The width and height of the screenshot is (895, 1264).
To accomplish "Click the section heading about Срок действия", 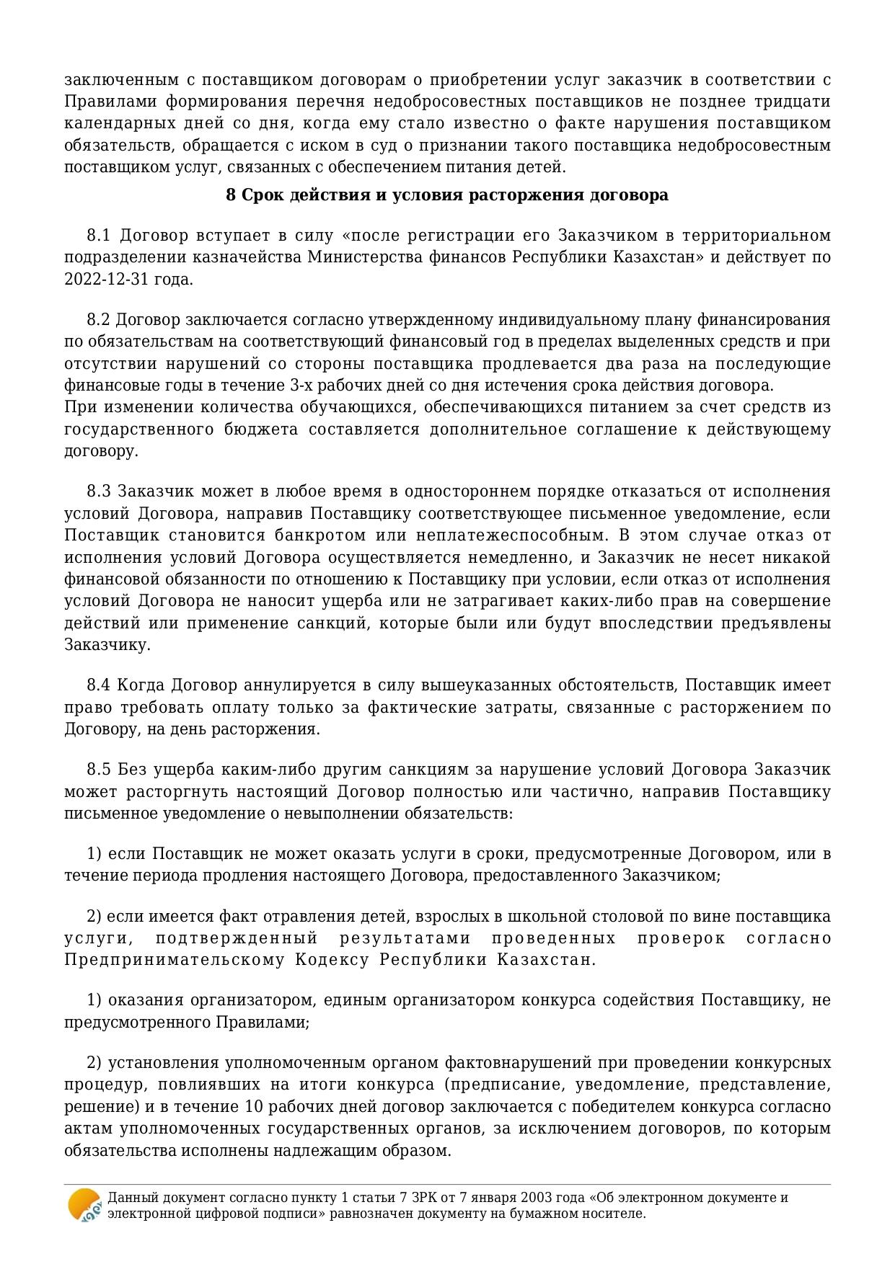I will (447, 195).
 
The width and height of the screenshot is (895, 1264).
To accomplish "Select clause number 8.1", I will (98, 236).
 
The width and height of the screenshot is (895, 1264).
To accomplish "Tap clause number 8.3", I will (98, 491).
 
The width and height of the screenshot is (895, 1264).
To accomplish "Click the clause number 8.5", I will (98, 770).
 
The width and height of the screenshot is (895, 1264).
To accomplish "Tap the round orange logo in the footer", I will (84, 1205).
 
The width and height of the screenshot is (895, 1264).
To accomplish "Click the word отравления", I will (228, 917).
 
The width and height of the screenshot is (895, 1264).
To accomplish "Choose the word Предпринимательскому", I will (175, 961).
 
